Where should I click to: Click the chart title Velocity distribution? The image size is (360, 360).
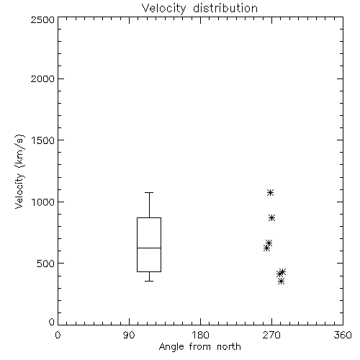point(199,8)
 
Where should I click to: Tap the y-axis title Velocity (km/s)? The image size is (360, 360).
point(19,171)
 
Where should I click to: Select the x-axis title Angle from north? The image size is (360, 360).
point(199,347)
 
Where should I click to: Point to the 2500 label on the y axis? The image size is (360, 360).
point(42,19)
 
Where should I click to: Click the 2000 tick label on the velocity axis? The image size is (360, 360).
point(42,78)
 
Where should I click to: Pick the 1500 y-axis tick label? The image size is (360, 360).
point(43,140)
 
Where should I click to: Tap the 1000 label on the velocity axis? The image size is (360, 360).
point(43,202)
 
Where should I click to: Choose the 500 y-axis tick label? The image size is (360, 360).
point(45,264)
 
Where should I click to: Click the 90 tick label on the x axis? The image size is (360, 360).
point(129,335)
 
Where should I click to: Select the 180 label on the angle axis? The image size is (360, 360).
point(200,335)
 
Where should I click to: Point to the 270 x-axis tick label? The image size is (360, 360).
point(271,335)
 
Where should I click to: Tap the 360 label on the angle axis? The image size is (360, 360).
point(343,335)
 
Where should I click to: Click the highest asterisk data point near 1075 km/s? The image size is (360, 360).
point(270,193)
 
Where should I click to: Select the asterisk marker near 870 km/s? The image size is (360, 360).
point(271,218)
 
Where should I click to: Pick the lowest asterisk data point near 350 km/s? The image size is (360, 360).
point(282,282)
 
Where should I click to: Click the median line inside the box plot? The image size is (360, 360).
point(149,248)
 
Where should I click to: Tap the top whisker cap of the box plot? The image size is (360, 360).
point(149,192)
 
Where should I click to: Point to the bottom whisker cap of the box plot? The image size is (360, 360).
point(149,281)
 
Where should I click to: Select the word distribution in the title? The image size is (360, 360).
point(225,8)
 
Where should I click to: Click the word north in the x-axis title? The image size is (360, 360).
point(229,347)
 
